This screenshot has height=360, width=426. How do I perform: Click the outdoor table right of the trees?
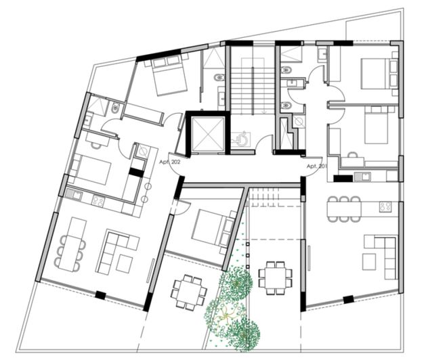tap(276, 277)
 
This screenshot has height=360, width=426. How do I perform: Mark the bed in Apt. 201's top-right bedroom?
tap(372, 73)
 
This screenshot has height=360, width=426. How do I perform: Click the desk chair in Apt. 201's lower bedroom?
tap(353, 156)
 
